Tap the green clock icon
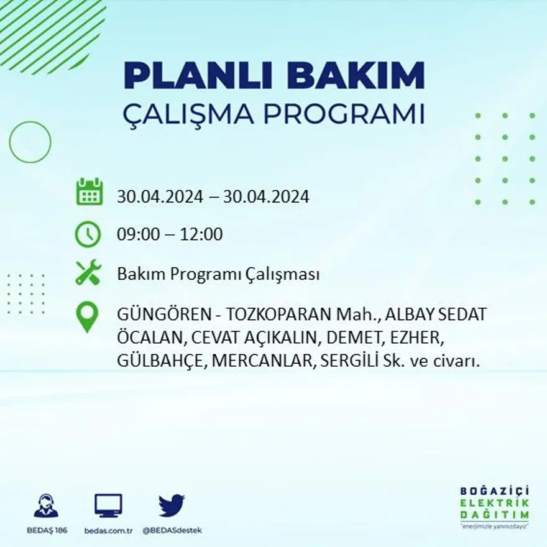pos(88,234)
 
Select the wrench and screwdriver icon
pos(88,273)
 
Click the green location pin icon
pos(87,316)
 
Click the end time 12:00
pos(201,235)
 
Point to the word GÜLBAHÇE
pos(159,362)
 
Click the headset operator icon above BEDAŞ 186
pos(46,506)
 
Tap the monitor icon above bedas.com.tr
pos(108,505)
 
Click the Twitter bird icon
pos(172,505)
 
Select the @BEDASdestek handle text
pos(172,530)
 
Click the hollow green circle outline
pos(30,142)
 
